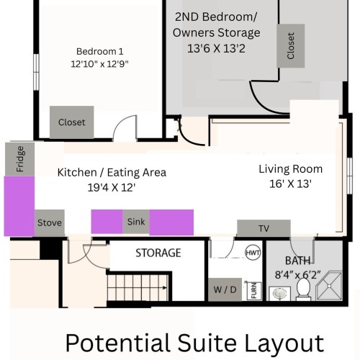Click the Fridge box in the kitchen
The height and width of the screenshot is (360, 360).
pyautogui.click(x=19, y=159)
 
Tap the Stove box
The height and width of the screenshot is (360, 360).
pyautogui.click(x=50, y=222)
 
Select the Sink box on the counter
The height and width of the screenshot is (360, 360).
pyautogui.click(x=136, y=222)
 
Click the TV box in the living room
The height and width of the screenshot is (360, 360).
pyautogui.click(x=264, y=228)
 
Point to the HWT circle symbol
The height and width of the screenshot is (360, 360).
pyautogui.click(x=253, y=253)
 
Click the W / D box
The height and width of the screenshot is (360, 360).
pyautogui.click(x=225, y=289)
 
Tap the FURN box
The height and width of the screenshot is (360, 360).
pyautogui.click(x=254, y=291)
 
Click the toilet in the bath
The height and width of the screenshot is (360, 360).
pyautogui.click(x=303, y=289)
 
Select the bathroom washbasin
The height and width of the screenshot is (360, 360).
pyautogui.click(x=280, y=293)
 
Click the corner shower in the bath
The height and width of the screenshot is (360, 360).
pyautogui.click(x=329, y=286)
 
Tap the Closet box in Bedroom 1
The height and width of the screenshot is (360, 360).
pyautogui.click(x=72, y=122)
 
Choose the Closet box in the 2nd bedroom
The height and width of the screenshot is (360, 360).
pyautogui.click(x=291, y=45)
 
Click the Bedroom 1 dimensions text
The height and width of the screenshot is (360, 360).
pyautogui.click(x=99, y=64)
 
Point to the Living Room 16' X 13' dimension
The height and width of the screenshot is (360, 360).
pyautogui.click(x=290, y=184)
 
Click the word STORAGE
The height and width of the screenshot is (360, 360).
pyautogui.click(x=158, y=253)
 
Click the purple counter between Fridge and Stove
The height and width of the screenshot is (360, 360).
pyautogui.click(x=19, y=206)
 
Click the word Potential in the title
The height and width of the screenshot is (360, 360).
pyautogui.click(x=120, y=343)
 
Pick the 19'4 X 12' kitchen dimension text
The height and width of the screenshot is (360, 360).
pyautogui.click(x=112, y=187)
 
